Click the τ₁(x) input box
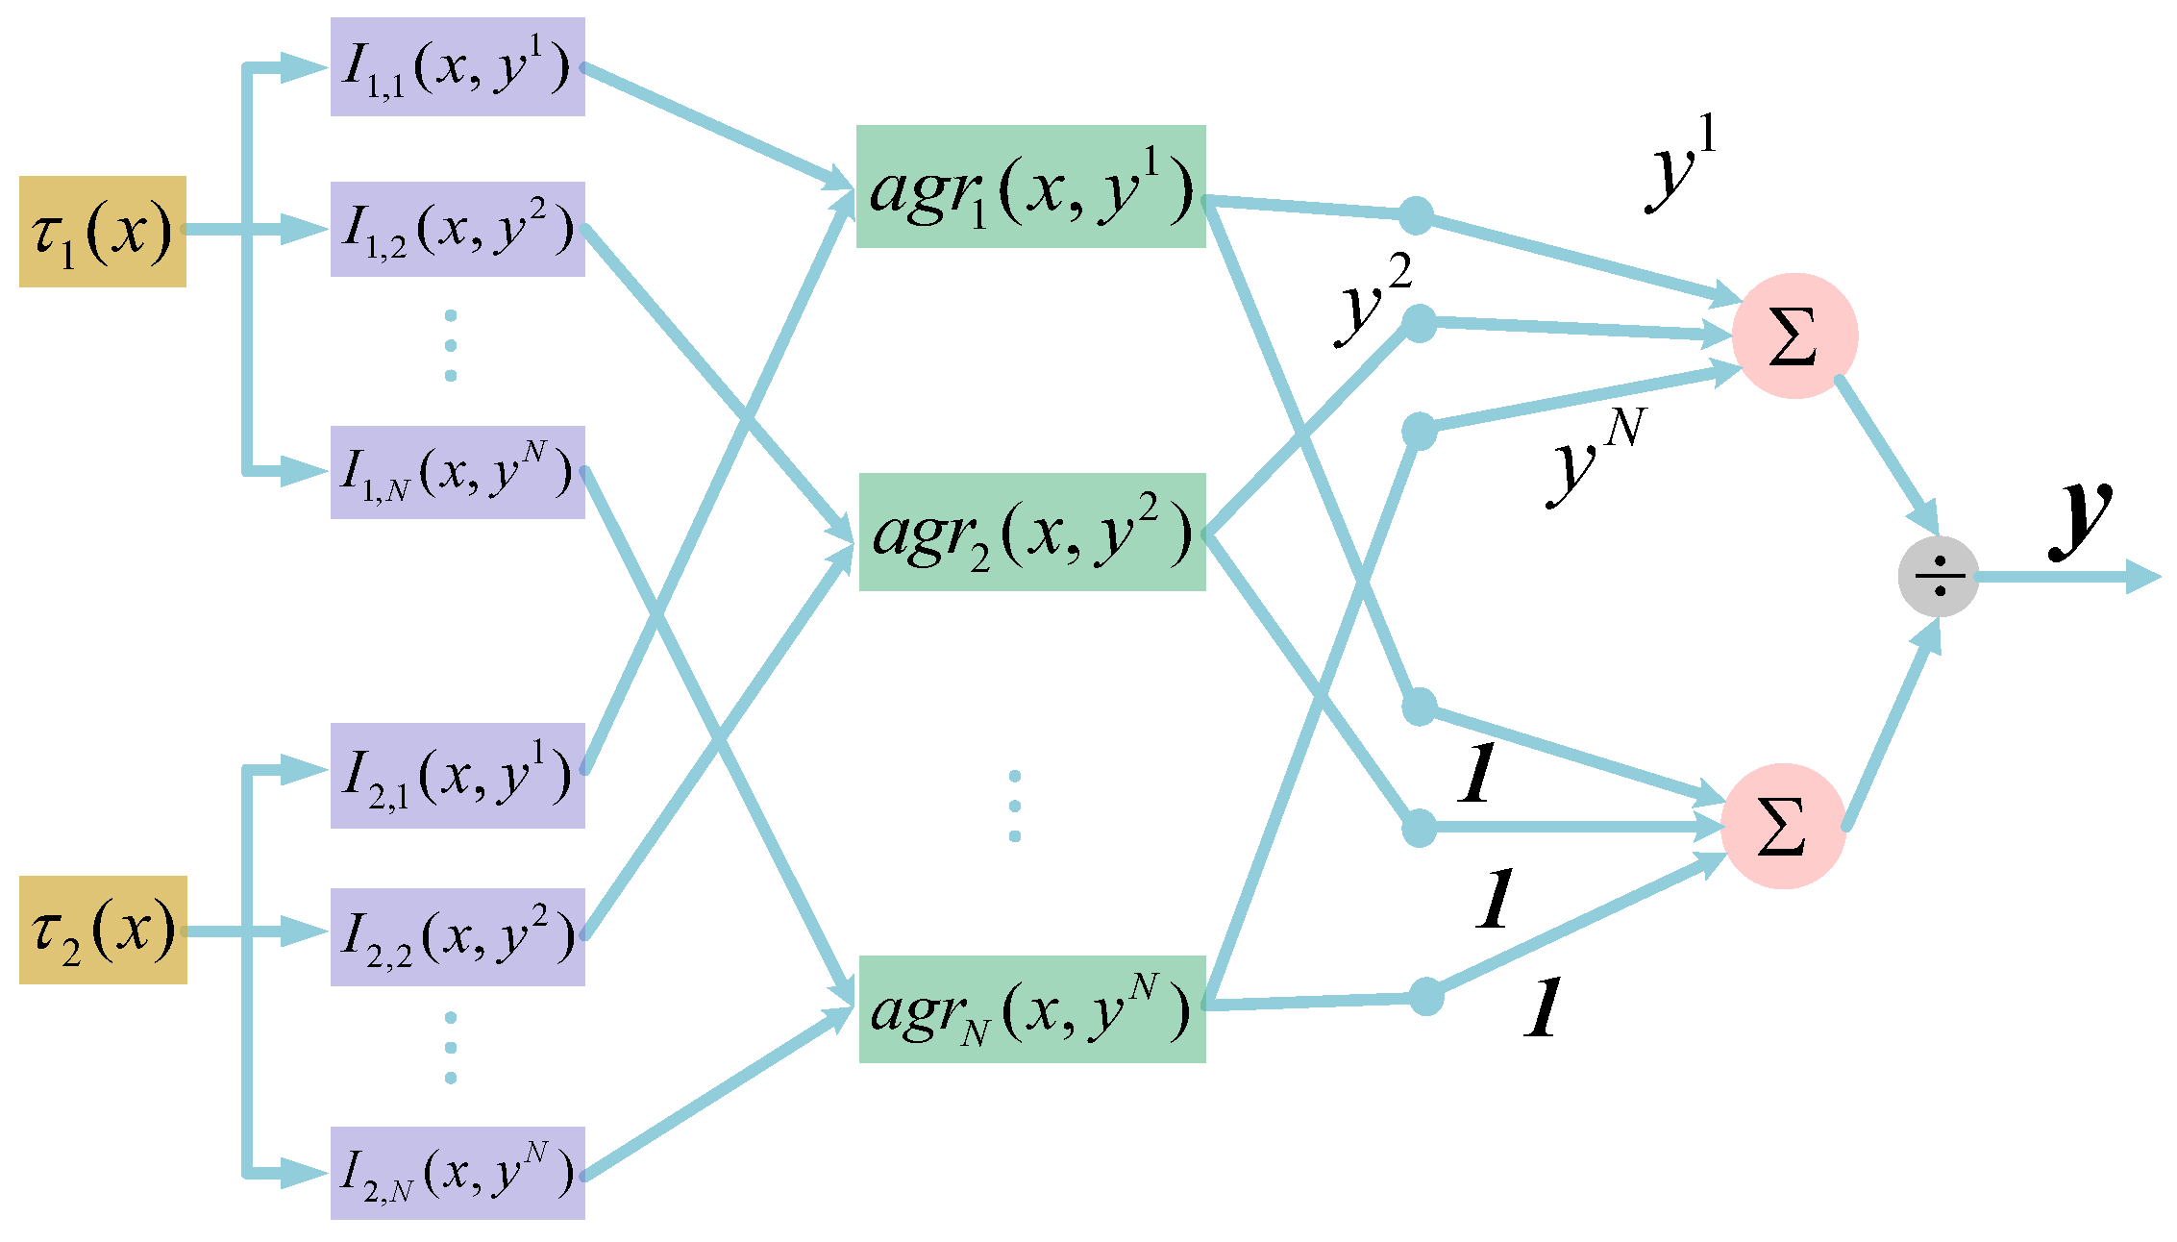coord(103,232)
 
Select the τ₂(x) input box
coord(103,930)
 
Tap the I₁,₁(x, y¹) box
coord(458,67)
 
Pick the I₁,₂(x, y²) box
coord(458,230)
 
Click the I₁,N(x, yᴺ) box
coord(458,472)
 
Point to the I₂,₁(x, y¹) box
coord(458,775)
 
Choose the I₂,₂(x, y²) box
coord(458,936)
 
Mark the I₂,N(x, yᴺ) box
coord(458,1173)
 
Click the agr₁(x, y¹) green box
coord(1030,186)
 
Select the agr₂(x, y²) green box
coord(1031,532)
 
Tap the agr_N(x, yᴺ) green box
coord(1031,1008)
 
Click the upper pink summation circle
coord(1794,335)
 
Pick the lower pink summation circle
coord(1782,826)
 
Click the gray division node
coord(1939,577)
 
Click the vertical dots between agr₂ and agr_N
coord(1015,806)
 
